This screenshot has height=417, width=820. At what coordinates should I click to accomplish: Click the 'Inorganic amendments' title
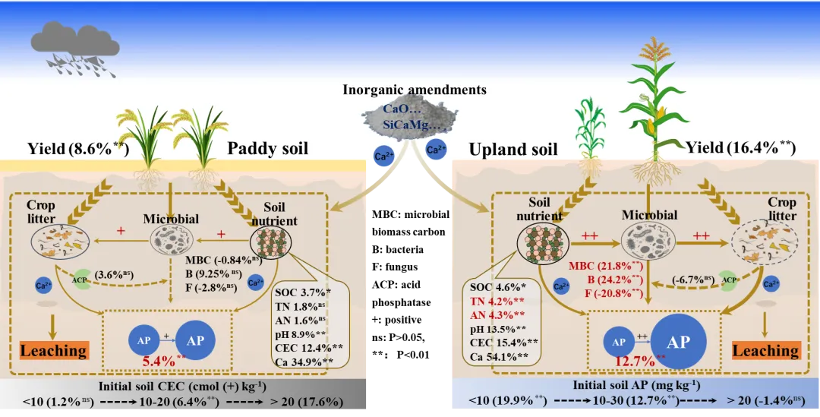pos(414,90)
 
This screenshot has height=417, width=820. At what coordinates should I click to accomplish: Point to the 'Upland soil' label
pos(513,150)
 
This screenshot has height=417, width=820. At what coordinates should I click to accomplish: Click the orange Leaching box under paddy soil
pos(53,350)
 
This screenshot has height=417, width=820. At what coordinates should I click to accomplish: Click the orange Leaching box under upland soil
pos(765,350)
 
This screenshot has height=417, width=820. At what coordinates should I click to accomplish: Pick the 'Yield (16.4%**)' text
pos(741,147)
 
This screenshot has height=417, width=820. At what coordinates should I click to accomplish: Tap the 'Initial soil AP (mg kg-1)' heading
pos(636,386)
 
